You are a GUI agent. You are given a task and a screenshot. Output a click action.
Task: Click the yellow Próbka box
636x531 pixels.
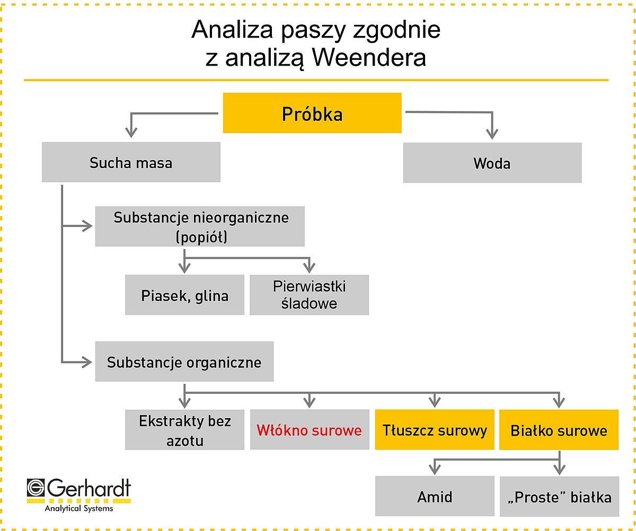point(312,113)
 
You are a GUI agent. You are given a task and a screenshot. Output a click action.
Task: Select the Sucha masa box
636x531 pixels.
point(131,162)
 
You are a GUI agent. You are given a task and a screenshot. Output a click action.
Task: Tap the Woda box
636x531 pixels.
point(492,163)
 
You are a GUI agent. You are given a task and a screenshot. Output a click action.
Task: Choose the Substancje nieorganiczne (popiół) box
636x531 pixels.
point(200,226)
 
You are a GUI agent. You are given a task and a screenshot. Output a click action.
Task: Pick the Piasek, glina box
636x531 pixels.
point(184,295)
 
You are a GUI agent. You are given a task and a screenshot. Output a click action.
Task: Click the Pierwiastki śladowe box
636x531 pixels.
point(309,295)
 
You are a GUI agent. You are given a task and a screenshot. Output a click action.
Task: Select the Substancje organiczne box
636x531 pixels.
point(184,361)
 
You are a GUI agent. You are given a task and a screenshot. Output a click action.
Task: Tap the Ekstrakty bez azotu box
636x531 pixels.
point(184,430)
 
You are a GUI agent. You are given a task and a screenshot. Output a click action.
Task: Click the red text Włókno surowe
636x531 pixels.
point(309,430)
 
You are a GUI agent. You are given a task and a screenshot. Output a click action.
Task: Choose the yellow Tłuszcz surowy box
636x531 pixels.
point(435,430)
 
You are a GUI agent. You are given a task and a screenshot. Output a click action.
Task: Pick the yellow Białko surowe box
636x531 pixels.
point(559,430)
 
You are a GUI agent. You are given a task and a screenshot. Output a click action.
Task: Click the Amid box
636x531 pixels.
point(435,496)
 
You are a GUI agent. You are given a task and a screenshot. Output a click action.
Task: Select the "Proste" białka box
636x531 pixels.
point(560,497)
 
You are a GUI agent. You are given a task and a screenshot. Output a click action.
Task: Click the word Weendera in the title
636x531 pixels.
point(369,57)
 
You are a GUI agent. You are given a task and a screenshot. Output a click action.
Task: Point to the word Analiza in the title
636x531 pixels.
point(232,30)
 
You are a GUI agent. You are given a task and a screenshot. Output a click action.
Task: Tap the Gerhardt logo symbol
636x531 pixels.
point(36,488)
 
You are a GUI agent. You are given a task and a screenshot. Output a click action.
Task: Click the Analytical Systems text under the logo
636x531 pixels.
point(79,508)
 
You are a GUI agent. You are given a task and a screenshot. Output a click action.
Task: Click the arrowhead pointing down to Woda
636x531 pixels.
point(492,134)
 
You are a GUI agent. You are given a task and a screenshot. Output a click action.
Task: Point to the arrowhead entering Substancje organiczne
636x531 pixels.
point(87,362)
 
